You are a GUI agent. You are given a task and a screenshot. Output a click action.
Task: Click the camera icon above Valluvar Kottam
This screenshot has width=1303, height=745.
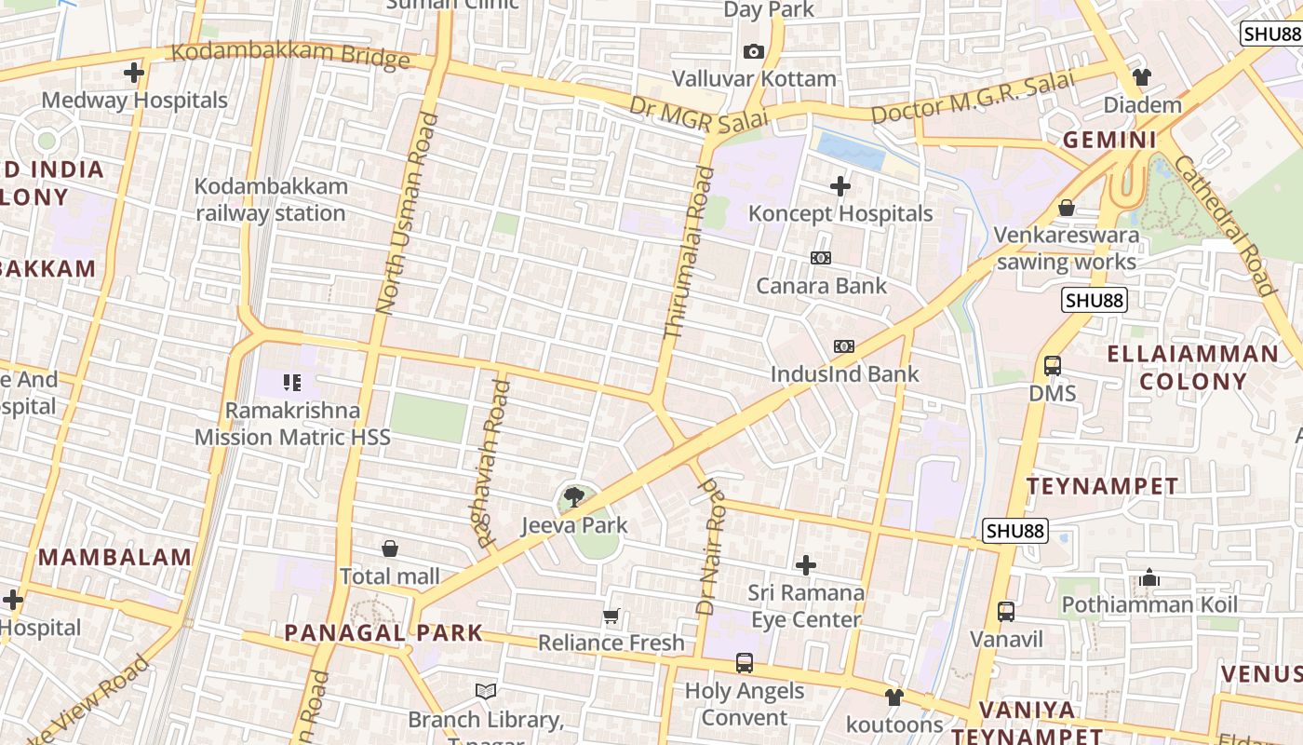pyautogui.click(x=754, y=51)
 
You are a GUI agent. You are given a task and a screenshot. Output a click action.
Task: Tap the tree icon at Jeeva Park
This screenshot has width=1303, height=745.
pyautogui.click(x=574, y=497)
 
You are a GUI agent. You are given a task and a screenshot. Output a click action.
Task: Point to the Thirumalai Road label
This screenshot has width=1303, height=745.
pyautogui.click(x=690, y=251)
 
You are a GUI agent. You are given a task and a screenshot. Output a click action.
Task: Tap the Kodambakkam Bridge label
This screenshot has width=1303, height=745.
pyautogui.click(x=290, y=55)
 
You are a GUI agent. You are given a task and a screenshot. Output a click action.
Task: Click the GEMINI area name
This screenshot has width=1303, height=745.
pyautogui.click(x=1109, y=141)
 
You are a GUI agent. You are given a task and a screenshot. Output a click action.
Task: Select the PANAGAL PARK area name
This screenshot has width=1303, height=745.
pyautogui.click(x=383, y=633)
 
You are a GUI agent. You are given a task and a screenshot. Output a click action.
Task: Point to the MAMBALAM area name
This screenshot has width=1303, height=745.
pyautogui.click(x=115, y=558)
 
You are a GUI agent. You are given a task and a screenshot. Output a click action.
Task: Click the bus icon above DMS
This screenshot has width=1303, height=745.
pyautogui.click(x=1053, y=366)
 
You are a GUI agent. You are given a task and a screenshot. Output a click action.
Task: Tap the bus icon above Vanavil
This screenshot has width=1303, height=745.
pyautogui.click(x=1006, y=612)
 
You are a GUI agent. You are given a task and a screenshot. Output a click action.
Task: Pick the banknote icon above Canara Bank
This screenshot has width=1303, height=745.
pyautogui.click(x=821, y=258)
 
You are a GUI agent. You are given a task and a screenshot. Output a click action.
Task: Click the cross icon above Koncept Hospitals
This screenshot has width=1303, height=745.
pyautogui.click(x=840, y=186)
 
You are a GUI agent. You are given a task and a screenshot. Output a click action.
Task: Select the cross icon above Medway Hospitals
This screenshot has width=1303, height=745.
pyautogui.click(x=134, y=72)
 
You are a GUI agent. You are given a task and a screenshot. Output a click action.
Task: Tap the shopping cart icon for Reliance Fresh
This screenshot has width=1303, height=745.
pyautogui.click(x=611, y=616)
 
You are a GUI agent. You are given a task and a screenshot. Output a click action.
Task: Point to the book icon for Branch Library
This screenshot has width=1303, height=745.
pyautogui.click(x=486, y=691)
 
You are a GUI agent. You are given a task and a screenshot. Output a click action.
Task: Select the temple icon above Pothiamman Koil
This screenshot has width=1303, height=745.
pyautogui.click(x=1149, y=577)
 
